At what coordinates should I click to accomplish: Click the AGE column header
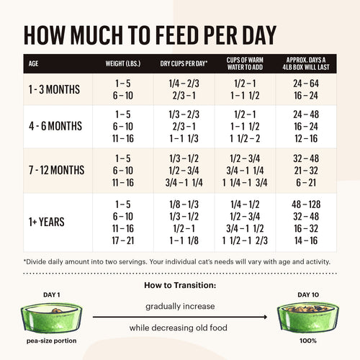tap(34, 63)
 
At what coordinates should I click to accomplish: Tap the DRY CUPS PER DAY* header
tap(184, 63)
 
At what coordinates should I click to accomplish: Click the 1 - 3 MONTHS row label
tap(55, 90)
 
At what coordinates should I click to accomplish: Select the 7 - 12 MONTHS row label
tap(57, 170)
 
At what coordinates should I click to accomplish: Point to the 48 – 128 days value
tap(306, 204)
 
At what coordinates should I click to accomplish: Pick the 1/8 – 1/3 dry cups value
tap(185, 204)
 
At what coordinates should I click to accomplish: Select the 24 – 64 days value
tap(306, 84)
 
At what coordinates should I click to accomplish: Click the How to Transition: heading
tap(180, 284)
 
